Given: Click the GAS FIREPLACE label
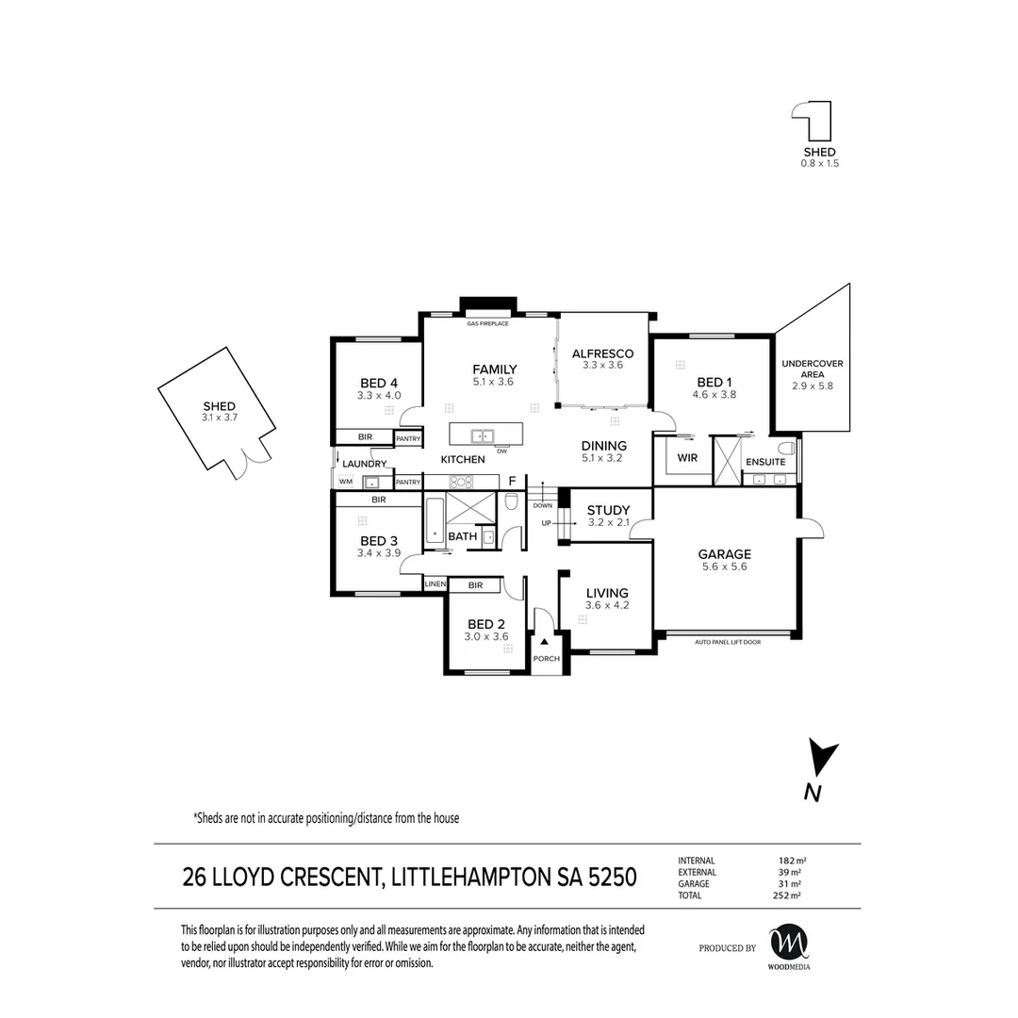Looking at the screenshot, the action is (487, 323).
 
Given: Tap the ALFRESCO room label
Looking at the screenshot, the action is (602, 353).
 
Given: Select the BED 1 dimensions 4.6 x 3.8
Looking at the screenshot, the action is (714, 394).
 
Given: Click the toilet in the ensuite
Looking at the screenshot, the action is (787, 448).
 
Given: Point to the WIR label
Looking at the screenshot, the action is (687, 458).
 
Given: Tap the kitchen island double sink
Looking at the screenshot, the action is (483, 435).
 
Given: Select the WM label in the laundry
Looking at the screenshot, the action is (345, 482).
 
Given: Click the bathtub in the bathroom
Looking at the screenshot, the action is (435, 520).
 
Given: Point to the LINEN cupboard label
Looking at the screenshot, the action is (435, 584).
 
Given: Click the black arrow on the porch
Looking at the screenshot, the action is (545, 642).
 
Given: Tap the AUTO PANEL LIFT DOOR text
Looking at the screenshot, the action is (728, 642).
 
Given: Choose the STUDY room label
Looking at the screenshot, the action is (608, 510).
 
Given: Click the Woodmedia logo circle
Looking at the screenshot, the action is (789, 943).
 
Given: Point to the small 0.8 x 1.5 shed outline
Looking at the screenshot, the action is (813, 121).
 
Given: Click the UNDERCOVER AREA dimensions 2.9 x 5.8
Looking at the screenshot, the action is (813, 386).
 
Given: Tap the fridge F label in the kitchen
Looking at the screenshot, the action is (512, 481).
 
